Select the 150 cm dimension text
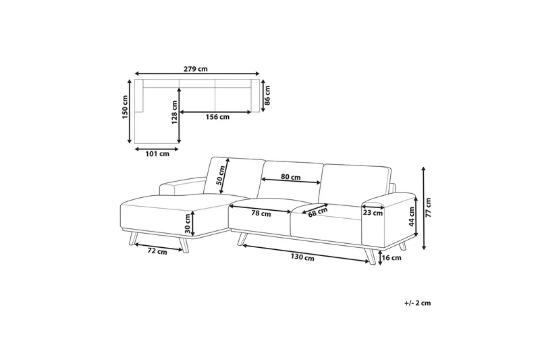(x=125, y=111)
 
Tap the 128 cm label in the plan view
(x=174, y=113)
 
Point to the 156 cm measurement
(x=217, y=117)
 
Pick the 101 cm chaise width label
(x=157, y=153)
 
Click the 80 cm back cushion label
(x=291, y=176)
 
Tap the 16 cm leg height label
(x=391, y=257)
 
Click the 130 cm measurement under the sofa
(x=304, y=257)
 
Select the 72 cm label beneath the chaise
(x=157, y=251)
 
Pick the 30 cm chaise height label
(x=187, y=222)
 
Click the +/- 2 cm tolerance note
(x=417, y=303)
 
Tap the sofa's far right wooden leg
(x=371, y=256)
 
